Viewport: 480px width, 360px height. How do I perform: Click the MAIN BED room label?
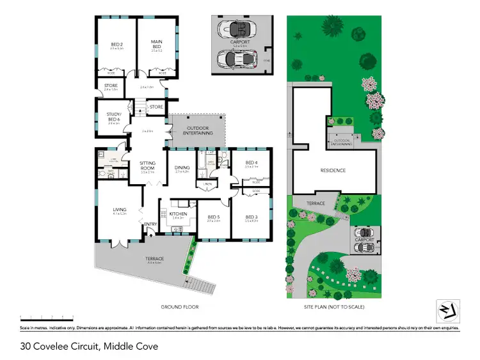pos(157,43)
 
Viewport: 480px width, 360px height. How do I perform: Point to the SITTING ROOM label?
pos(147,166)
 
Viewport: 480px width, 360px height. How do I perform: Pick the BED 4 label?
pos(251,163)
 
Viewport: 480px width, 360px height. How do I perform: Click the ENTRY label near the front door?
pos(151,224)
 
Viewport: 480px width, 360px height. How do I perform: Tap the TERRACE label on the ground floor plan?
pos(155,259)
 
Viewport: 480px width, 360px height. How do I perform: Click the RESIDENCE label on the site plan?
pos(333,170)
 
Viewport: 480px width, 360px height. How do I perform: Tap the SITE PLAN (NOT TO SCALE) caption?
pos(333,307)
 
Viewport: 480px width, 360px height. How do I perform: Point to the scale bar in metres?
pos(47,317)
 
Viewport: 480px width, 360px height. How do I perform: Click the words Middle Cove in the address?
pos(134,347)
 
